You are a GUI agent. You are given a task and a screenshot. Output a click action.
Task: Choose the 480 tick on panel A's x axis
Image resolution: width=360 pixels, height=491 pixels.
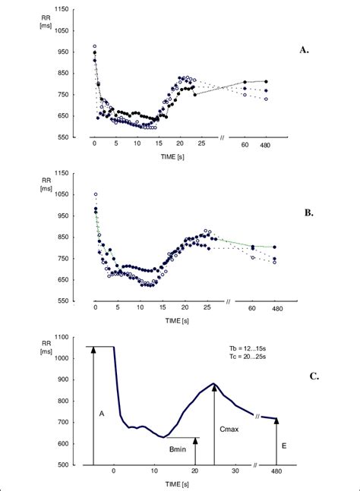266,144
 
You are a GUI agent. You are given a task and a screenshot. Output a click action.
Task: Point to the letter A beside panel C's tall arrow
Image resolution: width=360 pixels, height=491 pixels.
101,414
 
